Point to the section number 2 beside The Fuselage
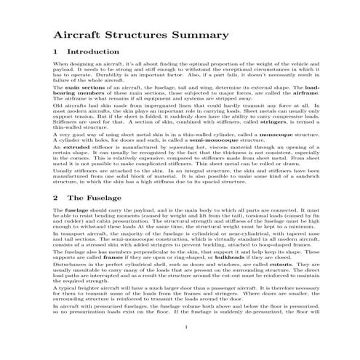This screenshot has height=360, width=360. click(56, 197)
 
